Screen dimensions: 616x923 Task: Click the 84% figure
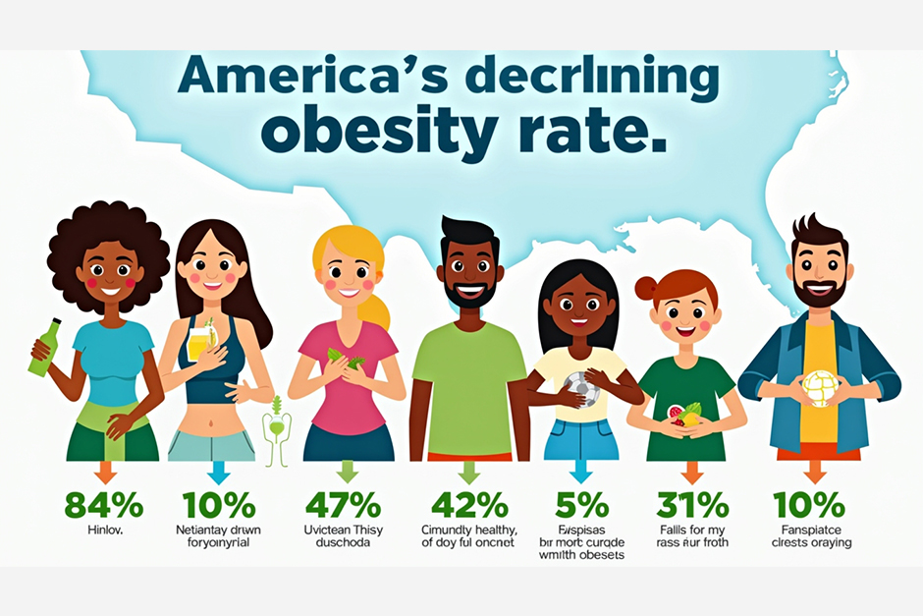coord(104,505)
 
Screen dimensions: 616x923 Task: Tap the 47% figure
coord(343,505)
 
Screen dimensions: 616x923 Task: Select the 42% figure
coord(469,505)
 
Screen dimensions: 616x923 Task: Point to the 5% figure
coord(582,505)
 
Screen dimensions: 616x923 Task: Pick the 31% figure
coord(692,505)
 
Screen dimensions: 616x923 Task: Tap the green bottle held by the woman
coord(44,348)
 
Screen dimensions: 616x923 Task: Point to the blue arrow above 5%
coord(582,472)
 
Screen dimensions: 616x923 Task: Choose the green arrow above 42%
coord(468,472)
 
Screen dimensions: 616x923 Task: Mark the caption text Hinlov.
coord(104,532)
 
